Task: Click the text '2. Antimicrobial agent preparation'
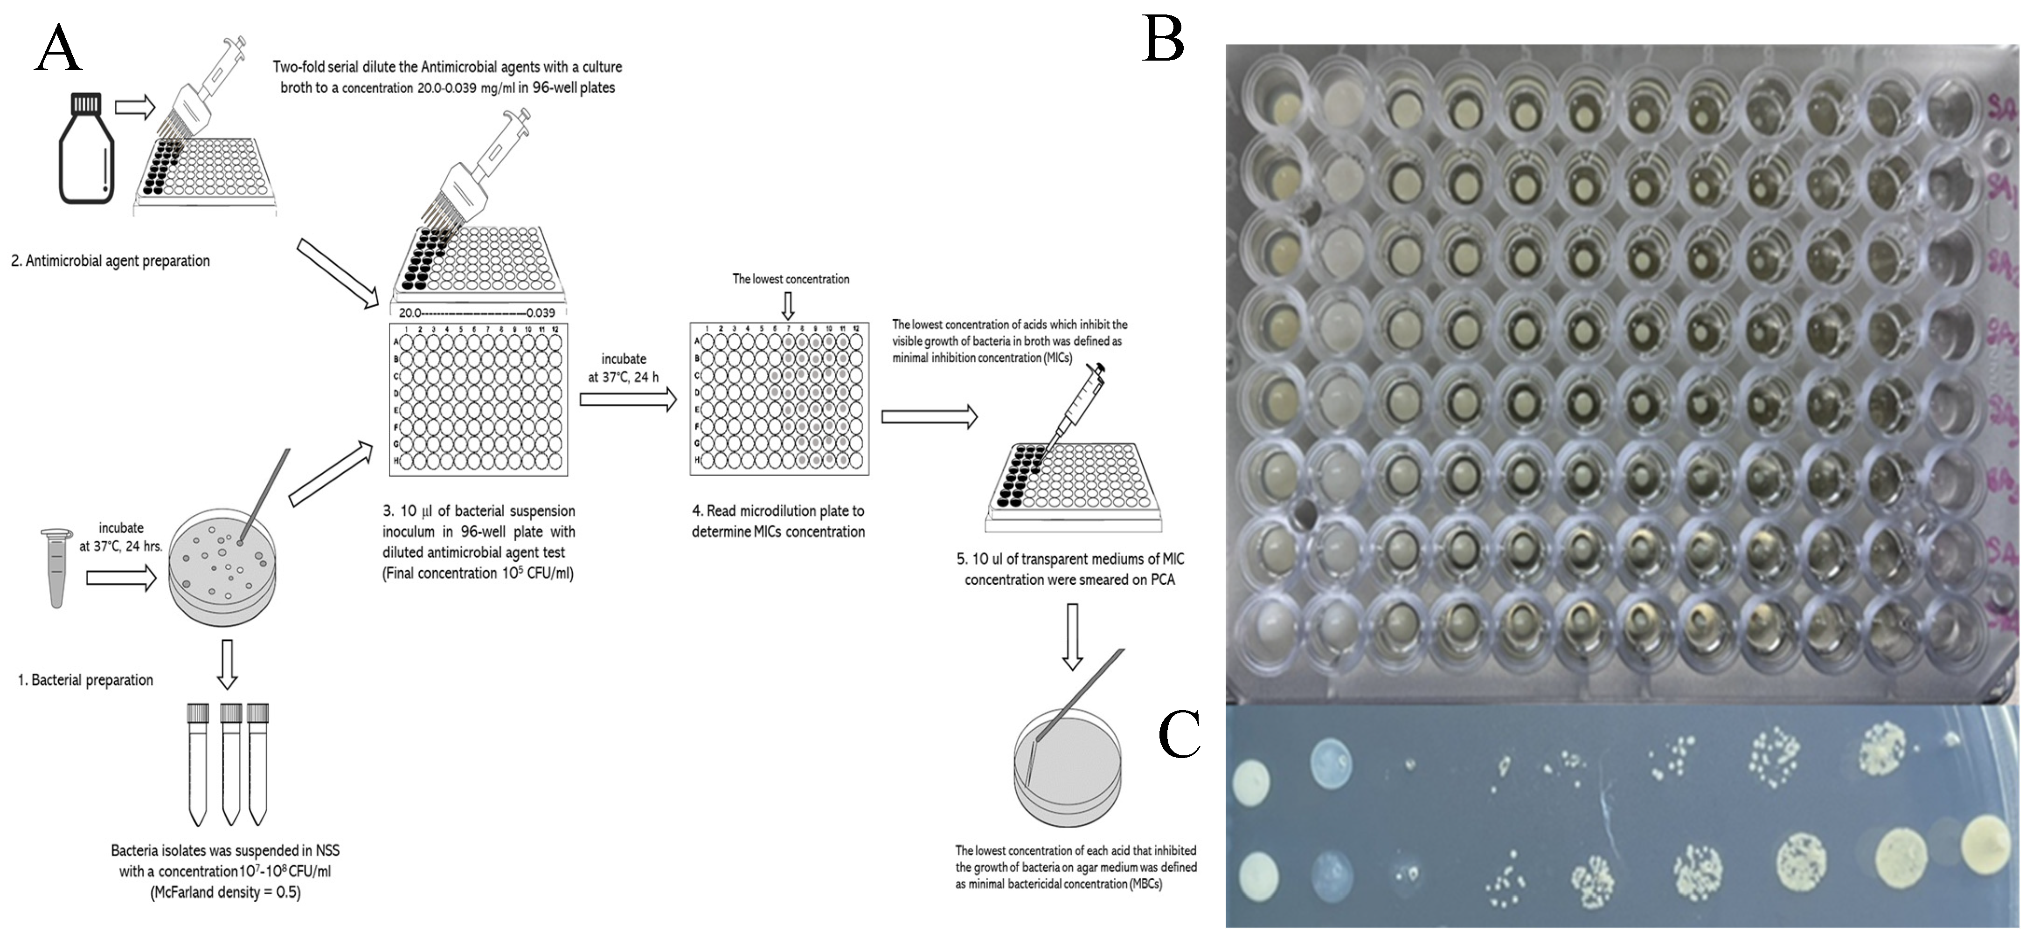pos(111,261)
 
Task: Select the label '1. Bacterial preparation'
pos(85,680)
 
